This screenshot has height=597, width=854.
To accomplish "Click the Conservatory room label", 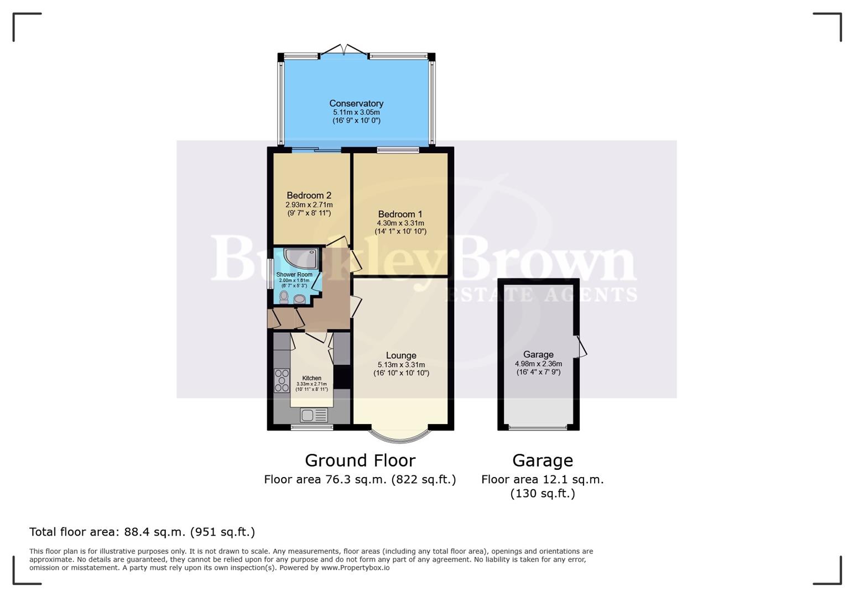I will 356,103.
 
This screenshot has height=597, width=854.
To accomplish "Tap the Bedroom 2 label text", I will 309,195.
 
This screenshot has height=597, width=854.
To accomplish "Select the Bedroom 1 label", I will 400,214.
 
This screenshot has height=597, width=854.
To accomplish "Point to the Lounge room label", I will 401,355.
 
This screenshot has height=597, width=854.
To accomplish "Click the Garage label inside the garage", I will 538,354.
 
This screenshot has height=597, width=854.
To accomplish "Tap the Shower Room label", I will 294,274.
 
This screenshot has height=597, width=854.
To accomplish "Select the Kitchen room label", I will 311,378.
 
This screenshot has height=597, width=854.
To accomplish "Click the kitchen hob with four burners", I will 282,380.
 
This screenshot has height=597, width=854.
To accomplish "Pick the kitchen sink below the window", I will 314,415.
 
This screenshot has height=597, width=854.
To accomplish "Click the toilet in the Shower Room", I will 284,297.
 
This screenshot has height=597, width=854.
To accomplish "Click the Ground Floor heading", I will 360,460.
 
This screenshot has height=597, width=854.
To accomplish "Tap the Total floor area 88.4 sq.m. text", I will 142,532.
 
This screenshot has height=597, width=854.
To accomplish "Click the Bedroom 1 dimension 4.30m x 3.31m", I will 400,223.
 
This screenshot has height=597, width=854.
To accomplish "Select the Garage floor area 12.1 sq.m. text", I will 542,479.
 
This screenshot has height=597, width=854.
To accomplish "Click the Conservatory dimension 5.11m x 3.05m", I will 356,112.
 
